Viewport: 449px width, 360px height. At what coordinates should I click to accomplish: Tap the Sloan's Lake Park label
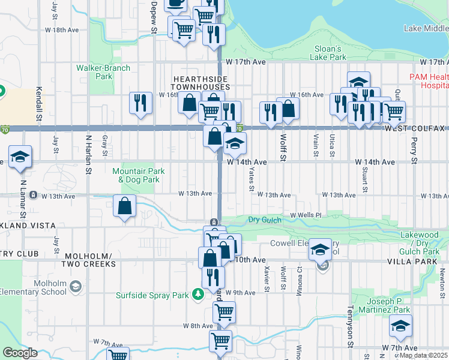pyautogui.click(x=328, y=53)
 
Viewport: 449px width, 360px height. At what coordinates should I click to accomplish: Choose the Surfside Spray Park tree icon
pyautogui.click(x=197, y=294)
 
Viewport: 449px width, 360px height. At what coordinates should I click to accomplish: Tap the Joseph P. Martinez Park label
pyautogui.click(x=381, y=305)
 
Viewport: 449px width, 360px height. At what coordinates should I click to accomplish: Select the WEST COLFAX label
pyautogui.click(x=414, y=129)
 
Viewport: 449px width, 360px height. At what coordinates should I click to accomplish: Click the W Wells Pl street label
pyautogui.click(x=306, y=215)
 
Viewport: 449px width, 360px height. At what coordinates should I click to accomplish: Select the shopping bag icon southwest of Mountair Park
pyautogui.click(x=124, y=207)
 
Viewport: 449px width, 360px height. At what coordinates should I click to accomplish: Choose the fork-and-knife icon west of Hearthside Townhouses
pyautogui.click(x=140, y=103)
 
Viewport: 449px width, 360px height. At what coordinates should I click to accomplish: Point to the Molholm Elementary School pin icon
pyautogui.click(x=75, y=287)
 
